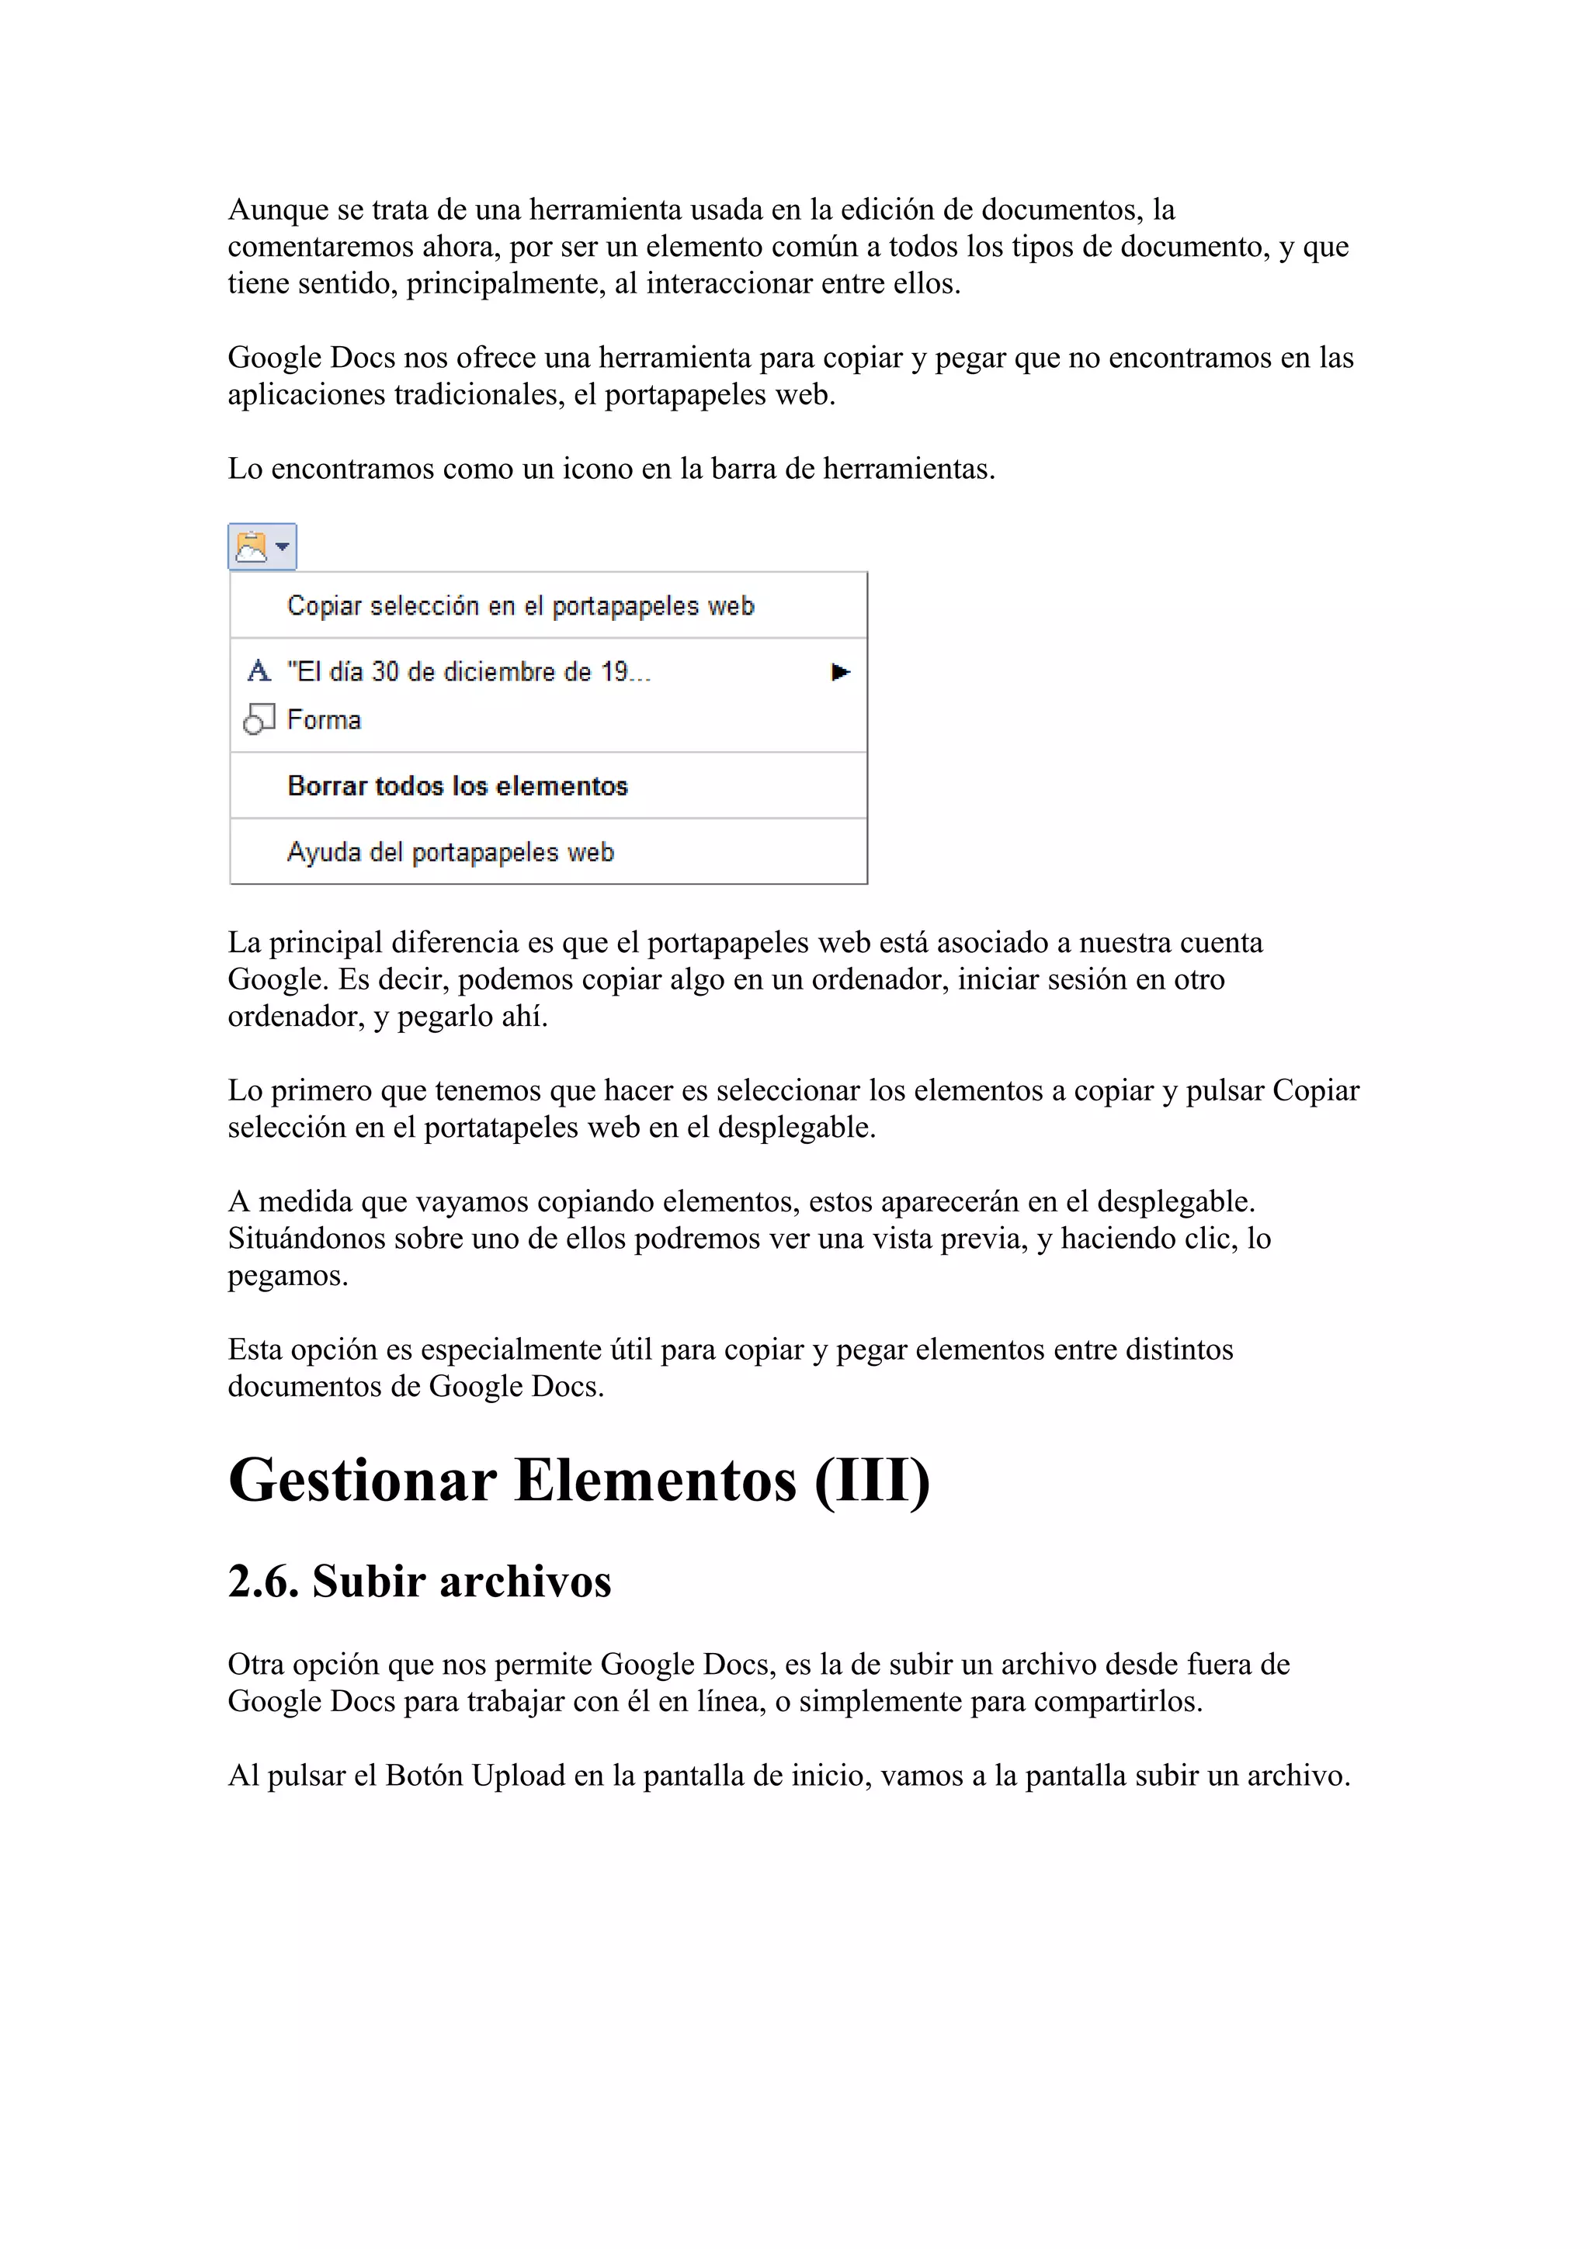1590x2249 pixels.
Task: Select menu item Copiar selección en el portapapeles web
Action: point(520,606)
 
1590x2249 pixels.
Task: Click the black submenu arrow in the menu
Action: point(839,672)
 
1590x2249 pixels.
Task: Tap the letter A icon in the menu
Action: point(259,671)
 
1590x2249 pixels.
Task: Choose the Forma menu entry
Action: point(323,720)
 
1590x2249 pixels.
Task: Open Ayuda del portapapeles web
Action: point(450,852)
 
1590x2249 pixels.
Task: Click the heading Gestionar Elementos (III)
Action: point(578,1480)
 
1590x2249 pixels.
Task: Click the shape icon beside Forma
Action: point(259,720)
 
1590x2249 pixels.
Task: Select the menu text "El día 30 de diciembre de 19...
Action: point(468,672)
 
